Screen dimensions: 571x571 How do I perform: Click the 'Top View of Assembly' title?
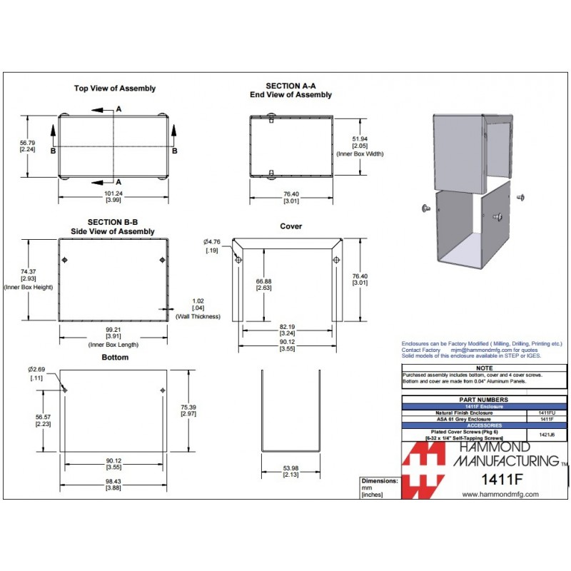115,89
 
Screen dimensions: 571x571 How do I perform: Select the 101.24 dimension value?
113,193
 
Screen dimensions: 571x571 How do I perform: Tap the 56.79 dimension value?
28,143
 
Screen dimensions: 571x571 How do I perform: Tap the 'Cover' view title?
291,226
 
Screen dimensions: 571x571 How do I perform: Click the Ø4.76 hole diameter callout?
212,241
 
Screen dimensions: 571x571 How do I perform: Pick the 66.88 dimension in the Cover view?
264,281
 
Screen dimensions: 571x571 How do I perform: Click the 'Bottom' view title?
115,357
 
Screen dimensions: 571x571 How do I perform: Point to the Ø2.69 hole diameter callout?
36,369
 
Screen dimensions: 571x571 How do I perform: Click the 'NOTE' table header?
485,368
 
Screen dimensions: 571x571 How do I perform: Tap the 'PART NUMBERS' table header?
485,400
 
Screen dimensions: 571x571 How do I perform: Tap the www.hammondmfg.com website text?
500,494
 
